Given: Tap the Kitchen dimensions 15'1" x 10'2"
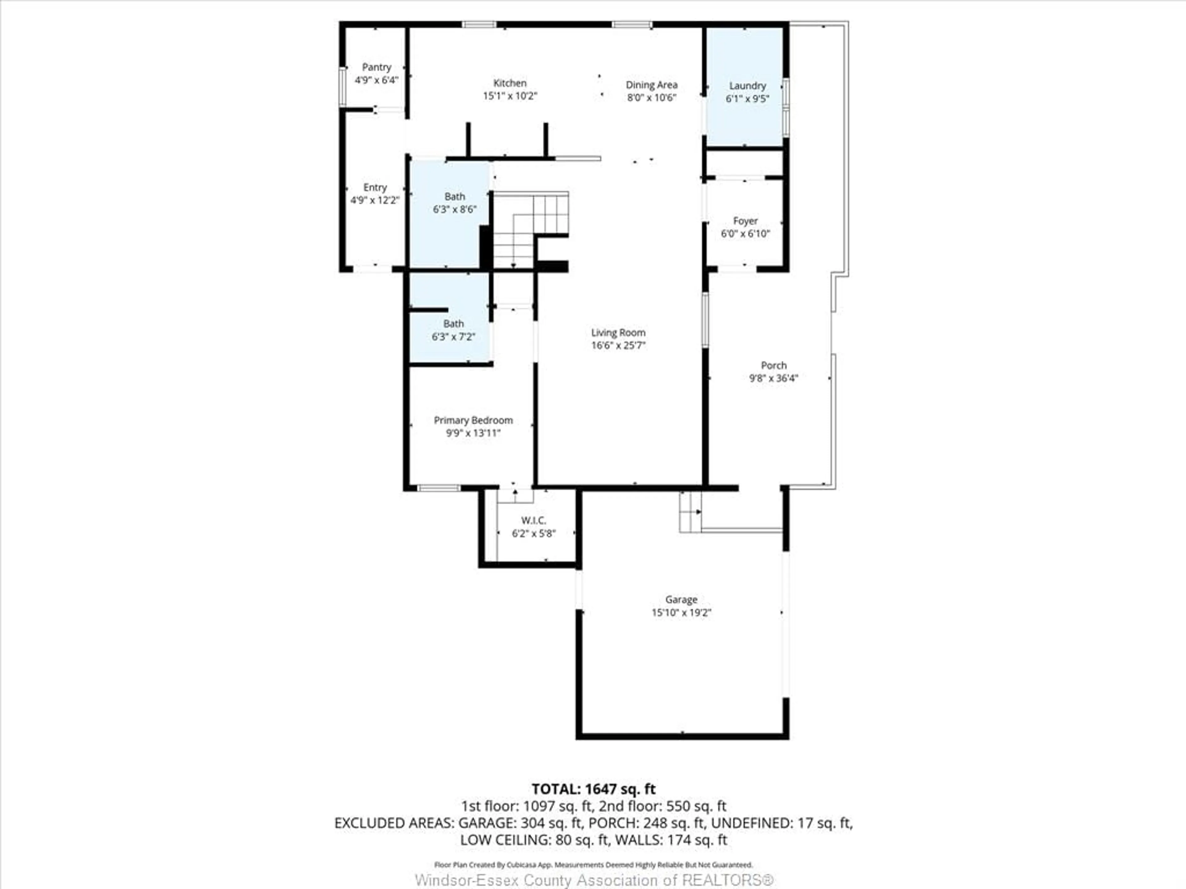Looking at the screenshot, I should [x=510, y=96].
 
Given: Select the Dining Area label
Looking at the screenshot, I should [x=651, y=85].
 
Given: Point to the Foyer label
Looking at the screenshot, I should [x=745, y=221].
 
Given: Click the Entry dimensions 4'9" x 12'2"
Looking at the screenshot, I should [x=375, y=200].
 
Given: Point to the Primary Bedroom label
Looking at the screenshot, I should [x=473, y=420].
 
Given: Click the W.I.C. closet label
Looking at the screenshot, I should [x=533, y=520].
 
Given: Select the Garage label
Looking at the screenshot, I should [x=681, y=600].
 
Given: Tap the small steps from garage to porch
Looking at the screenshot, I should [x=690, y=512].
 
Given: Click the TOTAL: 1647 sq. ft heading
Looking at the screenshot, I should [x=593, y=789].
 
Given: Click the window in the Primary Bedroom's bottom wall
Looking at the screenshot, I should [x=439, y=488].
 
